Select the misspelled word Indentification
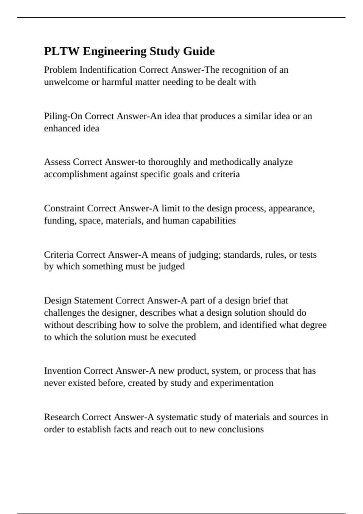(108, 70)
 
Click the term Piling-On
(63, 116)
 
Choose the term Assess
(57, 162)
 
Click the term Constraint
(64, 208)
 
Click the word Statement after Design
(93, 301)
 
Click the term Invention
(63, 371)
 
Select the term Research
(61, 417)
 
